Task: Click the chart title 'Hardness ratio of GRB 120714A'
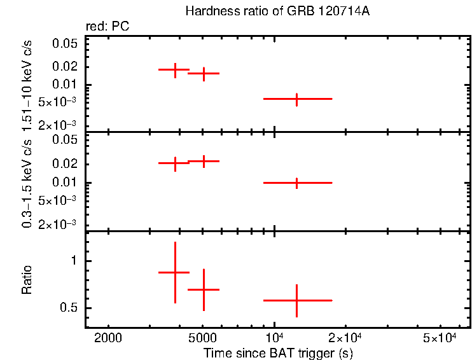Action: [x=277, y=11]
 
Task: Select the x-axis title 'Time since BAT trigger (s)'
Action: [x=278, y=352]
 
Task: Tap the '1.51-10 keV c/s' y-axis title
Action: [x=27, y=84]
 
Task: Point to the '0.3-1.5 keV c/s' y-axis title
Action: [x=27, y=182]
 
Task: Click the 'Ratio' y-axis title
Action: [x=27, y=279]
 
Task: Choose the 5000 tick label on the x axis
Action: [x=203, y=337]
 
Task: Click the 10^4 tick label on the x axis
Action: [x=274, y=336]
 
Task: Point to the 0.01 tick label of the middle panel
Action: [x=65, y=183]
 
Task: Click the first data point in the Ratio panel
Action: [x=175, y=272]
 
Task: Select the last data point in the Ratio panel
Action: [x=297, y=300]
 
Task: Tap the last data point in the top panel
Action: [x=297, y=99]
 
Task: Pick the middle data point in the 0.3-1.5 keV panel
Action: [x=204, y=161]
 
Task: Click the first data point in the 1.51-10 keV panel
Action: [x=175, y=69]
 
